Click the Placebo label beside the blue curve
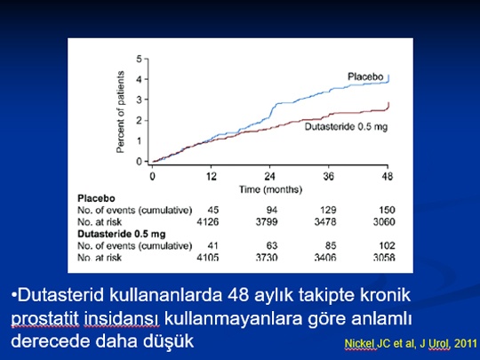pos(365,76)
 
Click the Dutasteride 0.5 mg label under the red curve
pos(347,126)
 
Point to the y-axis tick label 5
pos(140,59)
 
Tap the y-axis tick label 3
pos(140,100)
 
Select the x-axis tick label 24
pos(269,176)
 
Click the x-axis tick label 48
pos(388,176)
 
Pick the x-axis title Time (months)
pos(270,189)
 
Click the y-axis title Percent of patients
pos(121,112)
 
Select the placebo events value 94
pos(271,210)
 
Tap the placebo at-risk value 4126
pos(207,221)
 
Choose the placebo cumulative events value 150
pos(387,210)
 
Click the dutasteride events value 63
pos(271,245)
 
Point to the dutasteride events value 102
pos(387,245)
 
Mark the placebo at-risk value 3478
pos(325,221)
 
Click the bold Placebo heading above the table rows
pos(96,198)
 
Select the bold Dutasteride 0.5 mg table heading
pos(122,234)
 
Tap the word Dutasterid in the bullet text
pos(61,295)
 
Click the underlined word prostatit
pos(44,319)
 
